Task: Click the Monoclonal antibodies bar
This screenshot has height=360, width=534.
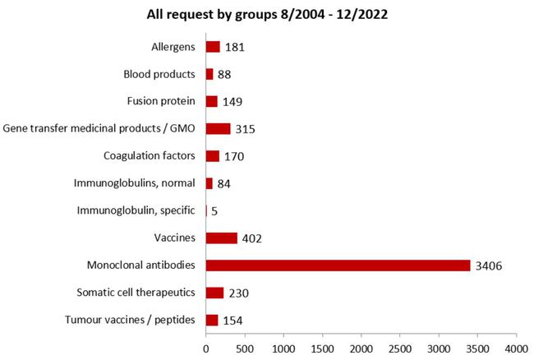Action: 338,265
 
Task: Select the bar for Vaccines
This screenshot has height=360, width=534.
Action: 221,238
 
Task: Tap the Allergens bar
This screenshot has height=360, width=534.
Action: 213,47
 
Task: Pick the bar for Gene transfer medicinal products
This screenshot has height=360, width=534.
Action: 218,129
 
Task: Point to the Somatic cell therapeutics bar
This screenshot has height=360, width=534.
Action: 214,293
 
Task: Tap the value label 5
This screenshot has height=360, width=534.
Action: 214,211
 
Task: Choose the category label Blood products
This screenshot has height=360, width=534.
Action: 159,74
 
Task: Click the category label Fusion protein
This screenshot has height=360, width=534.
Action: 161,101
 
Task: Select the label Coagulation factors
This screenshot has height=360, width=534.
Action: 150,156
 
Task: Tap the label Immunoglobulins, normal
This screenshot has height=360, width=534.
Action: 136,183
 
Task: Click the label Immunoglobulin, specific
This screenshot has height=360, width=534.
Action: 136,210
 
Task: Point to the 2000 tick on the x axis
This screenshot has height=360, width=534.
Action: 361,337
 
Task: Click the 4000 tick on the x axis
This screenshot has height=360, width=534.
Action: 516,337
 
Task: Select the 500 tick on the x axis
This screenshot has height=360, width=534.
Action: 244,337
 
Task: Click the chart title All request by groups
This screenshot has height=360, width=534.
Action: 267,14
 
